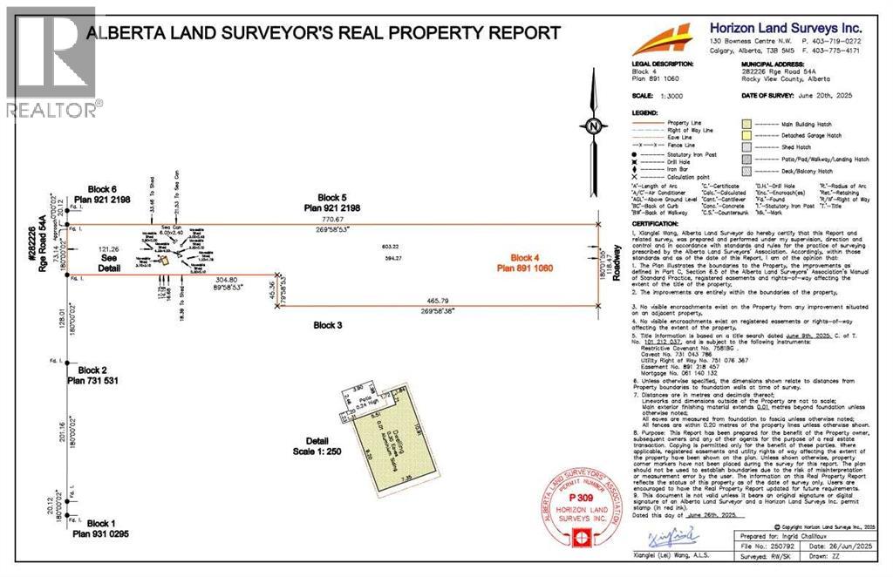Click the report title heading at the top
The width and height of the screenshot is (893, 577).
point(323,33)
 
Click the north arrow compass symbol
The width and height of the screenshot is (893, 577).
point(592,126)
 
